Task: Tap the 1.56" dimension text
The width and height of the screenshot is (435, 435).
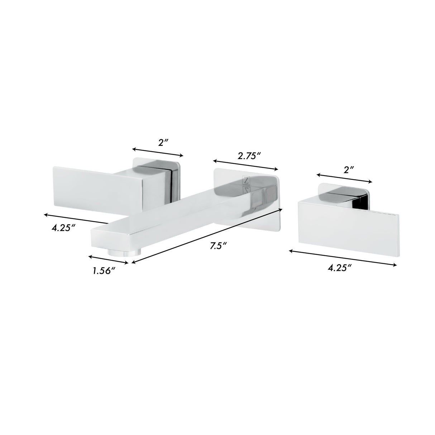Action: (103, 271)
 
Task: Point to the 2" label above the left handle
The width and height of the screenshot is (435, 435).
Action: (163, 143)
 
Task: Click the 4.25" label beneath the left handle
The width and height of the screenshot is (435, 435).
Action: (63, 228)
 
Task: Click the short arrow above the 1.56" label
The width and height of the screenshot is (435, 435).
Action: (108, 260)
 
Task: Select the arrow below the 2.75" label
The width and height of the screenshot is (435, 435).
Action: (245, 165)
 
